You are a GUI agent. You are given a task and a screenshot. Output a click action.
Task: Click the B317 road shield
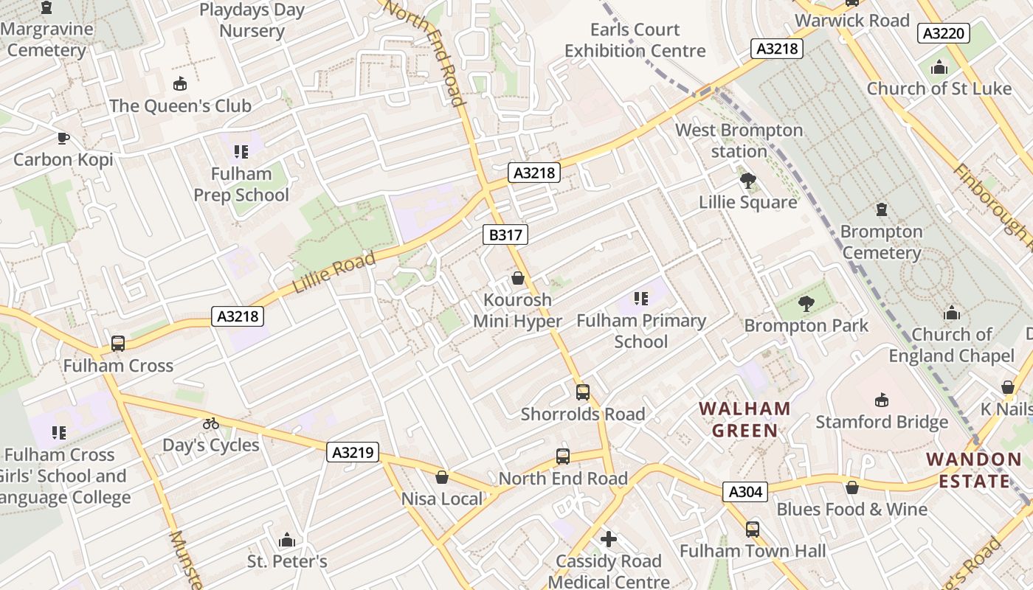(505, 235)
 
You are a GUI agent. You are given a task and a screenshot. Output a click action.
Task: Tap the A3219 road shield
(353, 452)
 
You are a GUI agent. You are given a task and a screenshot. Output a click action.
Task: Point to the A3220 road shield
(944, 33)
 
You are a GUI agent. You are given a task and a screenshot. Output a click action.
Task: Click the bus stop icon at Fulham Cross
(118, 344)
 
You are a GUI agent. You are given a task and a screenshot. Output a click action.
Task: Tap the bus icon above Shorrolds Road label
(583, 392)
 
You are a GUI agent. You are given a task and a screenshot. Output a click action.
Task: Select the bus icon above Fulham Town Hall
(753, 530)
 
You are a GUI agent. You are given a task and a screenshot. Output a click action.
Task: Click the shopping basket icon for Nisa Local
(442, 478)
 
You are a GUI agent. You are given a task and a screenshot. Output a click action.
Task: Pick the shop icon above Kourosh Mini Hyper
(518, 279)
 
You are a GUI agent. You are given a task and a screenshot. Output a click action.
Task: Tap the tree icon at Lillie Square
(748, 181)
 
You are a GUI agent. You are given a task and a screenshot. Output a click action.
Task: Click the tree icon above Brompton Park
(806, 303)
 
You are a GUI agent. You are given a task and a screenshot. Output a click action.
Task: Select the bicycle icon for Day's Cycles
(211, 423)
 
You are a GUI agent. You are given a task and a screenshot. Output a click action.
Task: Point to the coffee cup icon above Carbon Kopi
(63, 138)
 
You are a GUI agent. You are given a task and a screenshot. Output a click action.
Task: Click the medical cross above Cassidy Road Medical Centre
(609, 540)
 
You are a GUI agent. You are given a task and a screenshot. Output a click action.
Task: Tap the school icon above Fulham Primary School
(641, 299)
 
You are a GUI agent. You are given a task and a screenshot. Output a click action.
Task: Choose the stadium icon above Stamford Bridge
(882, 400)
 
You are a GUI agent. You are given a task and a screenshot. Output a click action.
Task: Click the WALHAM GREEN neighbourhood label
(744, 420)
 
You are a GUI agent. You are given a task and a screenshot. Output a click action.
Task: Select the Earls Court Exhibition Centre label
(635, 41)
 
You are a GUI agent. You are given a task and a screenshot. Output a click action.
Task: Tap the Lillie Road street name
(334, 271)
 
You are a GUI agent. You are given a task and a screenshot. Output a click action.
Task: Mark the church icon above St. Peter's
(287, 541)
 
